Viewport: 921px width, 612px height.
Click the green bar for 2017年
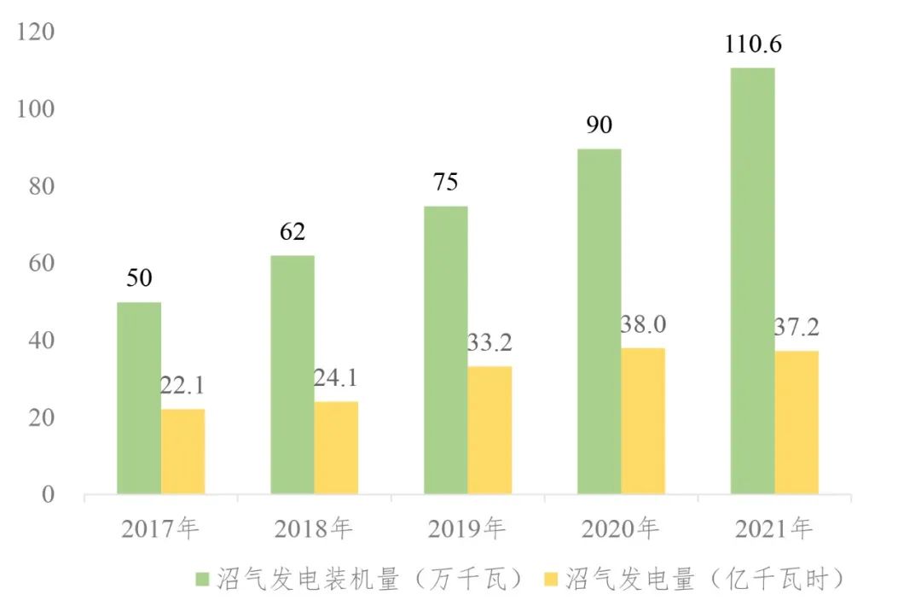[139, 398]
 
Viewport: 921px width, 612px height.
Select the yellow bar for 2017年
[182, 452]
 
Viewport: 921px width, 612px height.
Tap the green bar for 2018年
[292, 375]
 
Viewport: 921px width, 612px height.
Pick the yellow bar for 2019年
[489, 430]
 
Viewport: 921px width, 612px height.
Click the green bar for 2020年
[599, 322]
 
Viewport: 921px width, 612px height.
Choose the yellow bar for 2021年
[796, 423]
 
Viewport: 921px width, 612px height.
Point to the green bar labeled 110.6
[752, 281]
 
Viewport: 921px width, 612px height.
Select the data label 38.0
[643, 325]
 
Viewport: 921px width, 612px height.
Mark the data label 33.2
[489, 343]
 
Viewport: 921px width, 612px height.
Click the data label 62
[292, 232]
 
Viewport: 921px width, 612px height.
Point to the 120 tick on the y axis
[37, 32]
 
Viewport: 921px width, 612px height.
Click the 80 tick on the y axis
[42, 186]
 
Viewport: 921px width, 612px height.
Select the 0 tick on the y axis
[49, 495]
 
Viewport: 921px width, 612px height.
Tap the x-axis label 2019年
[466, 529]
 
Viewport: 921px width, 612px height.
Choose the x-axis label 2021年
[773, 529]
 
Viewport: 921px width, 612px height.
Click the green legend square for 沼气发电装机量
[203, 580]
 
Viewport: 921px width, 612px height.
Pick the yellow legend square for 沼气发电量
[552, 580]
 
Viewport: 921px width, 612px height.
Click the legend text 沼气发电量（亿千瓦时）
[706, 580]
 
